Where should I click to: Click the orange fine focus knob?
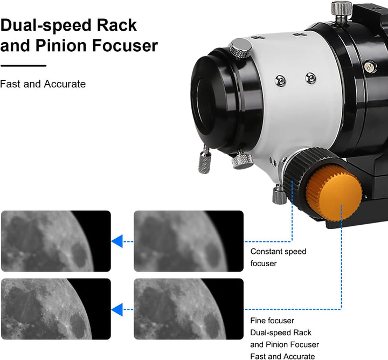tap(335, 193)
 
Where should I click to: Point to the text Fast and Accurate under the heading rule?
tap(43, 84)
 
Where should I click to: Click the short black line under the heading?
tap(23, 66)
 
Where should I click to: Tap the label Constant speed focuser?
tap(278, 257)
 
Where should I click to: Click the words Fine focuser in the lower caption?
tap(272, 321)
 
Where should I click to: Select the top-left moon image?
tap(56, 241)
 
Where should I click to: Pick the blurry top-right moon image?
tap(189, 241)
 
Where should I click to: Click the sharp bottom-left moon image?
tap(56, 309)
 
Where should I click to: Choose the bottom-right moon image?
tap(189, 309)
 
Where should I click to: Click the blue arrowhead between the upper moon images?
tap(117, 241)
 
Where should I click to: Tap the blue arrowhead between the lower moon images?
tap(117, 309)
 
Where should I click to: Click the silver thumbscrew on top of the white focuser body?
tap(240, 49)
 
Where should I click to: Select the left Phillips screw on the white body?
tap(280, 81)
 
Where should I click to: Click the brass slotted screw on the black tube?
tap(370, 66)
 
